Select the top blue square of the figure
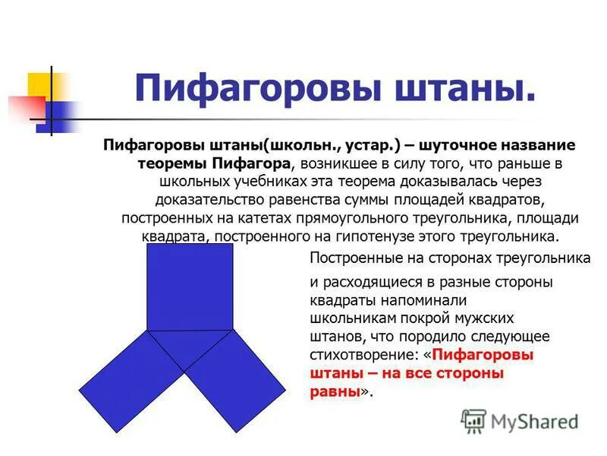[190, 287]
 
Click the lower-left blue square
[134, 381]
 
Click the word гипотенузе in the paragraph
[406, 236]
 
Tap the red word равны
[335, 391]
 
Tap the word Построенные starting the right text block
[351, 258]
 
